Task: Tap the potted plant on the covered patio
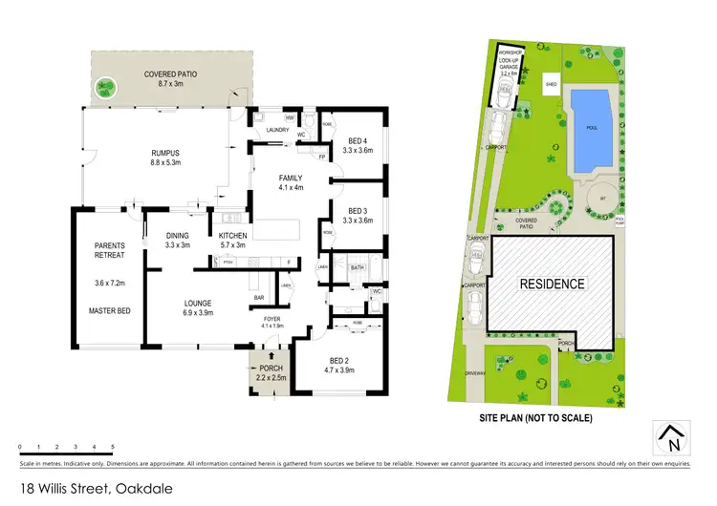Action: point(103,89)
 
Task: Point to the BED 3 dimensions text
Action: point(358,221)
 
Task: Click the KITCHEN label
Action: point(233,235)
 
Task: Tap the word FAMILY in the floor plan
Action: point(291,179)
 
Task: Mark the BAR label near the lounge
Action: point(258,297)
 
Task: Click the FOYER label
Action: point(272,319)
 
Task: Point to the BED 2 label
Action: point(340,358)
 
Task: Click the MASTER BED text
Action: point(110,310)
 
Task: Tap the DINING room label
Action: point(177,235)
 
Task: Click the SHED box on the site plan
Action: point(552,83)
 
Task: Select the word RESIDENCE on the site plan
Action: point(552,285)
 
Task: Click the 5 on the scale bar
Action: point(113,447)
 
